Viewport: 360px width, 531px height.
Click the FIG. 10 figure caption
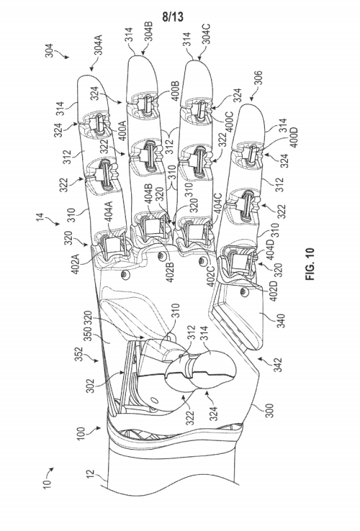310,264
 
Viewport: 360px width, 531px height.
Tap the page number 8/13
173,17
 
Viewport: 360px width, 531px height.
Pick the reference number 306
258,78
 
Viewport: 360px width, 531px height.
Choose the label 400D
294,137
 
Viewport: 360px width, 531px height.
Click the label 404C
217,204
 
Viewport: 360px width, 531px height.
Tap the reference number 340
281,320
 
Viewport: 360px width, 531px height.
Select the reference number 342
278,364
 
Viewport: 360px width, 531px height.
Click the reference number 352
79,354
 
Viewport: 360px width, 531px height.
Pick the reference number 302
90,386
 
